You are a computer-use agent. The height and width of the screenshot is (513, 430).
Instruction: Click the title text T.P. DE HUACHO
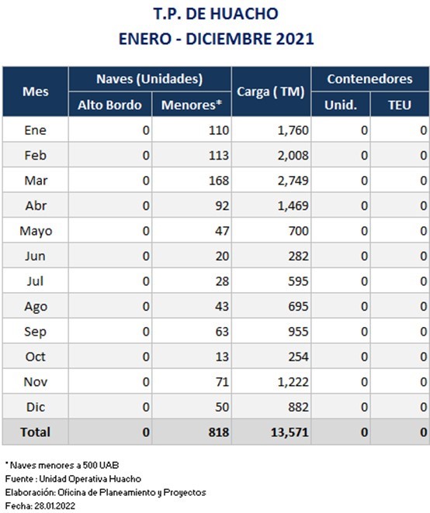tap(216, 14)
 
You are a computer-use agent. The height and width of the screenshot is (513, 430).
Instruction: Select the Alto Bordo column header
tap(109, 105)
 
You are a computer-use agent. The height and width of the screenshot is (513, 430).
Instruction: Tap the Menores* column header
tap(192, 105)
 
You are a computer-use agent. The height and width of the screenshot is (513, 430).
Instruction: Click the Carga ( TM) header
tap(271, 92)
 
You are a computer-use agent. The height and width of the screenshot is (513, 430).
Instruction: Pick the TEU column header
tap(400, 105)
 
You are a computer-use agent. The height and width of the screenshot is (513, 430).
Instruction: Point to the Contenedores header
tap(370, 79)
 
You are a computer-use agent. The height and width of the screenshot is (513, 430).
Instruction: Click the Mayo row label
tap(36, 231)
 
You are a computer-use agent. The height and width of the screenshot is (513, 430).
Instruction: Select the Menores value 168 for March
tap(219, 181)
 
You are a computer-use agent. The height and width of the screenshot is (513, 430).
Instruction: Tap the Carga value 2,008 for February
tap(293, 156)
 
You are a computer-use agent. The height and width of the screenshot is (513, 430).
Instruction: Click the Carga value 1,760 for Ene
tap(293, 130)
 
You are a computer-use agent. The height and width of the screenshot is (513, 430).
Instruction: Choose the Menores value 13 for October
tap(222, 356)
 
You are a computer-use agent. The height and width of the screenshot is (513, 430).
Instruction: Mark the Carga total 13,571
tap(290, 432)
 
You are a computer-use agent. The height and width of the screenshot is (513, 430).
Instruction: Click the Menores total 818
tap(219, 432)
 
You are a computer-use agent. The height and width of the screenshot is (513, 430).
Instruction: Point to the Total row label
tap(36, 432)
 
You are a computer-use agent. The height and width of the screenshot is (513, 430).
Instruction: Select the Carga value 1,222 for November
tap(293, 382)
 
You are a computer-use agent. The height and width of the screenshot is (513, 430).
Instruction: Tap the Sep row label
tap(36, 332)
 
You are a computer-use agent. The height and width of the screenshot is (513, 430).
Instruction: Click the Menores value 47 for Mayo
tap(222, 231)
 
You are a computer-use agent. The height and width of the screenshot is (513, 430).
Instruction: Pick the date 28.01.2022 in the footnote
tap(55, 506)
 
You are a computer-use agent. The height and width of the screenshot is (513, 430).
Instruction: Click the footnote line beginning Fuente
tap(73, 479)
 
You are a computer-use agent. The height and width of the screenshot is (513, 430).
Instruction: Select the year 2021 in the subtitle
tap(295, 39)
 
